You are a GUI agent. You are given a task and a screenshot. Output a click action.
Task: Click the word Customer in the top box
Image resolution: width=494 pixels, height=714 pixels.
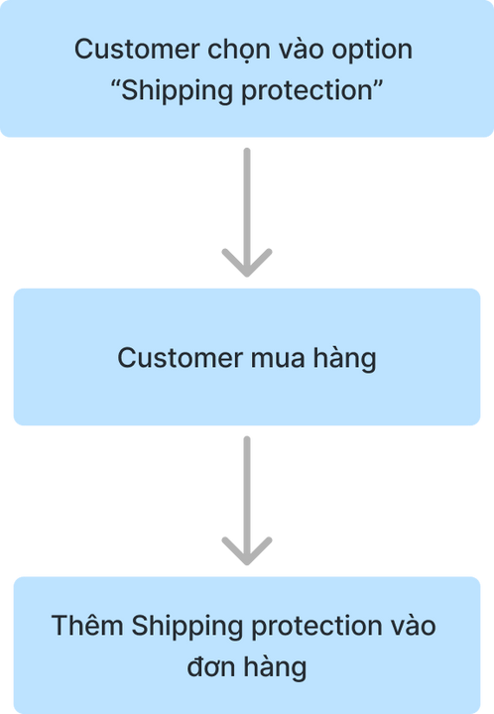click(x=137, y=49)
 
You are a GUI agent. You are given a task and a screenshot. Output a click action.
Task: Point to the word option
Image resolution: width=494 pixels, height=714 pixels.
click(x=372, y=51)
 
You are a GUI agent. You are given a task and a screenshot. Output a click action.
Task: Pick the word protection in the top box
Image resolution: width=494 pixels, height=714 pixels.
click(x=307, y=91)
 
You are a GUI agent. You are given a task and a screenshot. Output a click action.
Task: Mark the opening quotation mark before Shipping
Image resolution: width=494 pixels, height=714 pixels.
click(x=115, y=84)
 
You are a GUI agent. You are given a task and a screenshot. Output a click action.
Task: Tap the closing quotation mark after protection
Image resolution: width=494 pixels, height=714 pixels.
click(x=378, y=84)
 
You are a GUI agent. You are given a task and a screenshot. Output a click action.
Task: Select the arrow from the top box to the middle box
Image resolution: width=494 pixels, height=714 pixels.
click(x=247, y=212)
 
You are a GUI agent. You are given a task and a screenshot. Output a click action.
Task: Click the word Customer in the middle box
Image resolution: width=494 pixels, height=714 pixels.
click(x=181, y=357)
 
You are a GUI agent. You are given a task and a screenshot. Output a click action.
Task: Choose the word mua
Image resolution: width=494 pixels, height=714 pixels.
click(x=278, y=360)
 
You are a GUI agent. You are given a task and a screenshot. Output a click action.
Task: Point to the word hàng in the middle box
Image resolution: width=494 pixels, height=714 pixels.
click(x=344, y=359)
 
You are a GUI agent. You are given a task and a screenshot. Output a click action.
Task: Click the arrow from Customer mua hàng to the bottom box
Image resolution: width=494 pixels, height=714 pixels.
click(x=247, y=501)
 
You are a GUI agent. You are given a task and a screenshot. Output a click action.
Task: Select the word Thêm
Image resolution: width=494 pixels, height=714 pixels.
click(x=88, y=625)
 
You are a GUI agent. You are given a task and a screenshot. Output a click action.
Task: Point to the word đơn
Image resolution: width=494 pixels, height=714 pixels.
click(x=211, y=667)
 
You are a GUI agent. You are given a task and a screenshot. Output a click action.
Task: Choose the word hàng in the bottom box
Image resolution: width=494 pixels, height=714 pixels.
click(x=275, y=668)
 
